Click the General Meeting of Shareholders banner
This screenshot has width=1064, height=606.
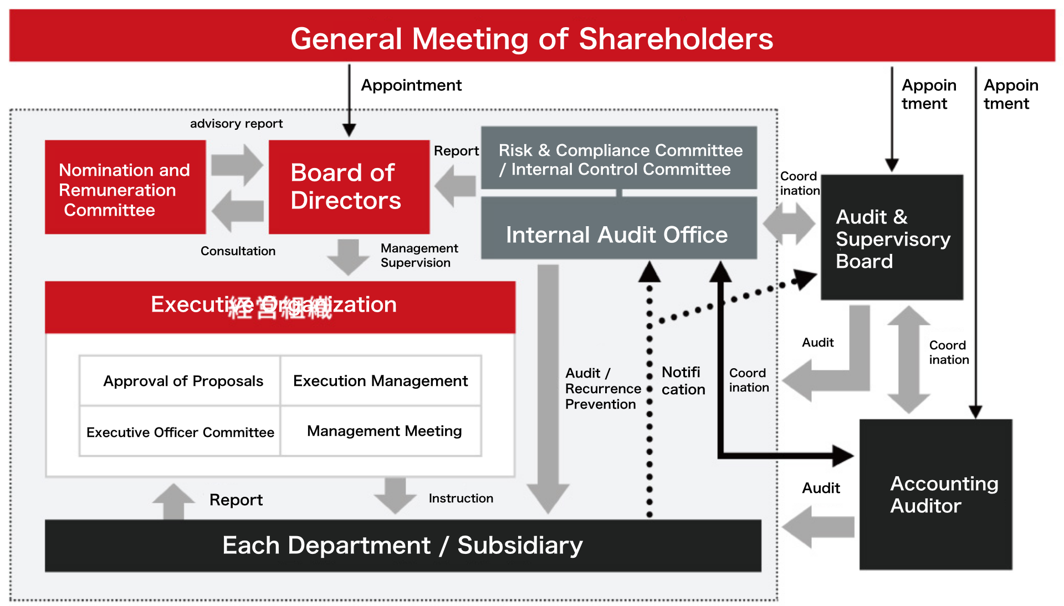(532, 36)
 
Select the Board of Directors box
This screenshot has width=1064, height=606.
(349, 187)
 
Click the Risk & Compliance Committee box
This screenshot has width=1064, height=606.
(619, 159)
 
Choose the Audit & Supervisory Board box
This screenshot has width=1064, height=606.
(892, 238)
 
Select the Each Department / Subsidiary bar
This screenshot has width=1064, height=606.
(403, 546)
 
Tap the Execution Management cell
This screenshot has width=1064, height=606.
(381, 381)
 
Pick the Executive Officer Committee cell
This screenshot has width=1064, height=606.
(180, 432)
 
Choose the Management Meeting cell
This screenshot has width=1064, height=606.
(383, 431)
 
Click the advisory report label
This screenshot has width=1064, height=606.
(236, 124)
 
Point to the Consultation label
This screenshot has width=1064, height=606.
(238, 251)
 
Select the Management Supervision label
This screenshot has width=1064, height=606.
(418, 255)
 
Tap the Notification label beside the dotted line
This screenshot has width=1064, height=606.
(683, 380)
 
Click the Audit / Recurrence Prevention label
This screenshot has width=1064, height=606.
(602, 388)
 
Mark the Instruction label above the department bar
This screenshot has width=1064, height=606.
(461, 498)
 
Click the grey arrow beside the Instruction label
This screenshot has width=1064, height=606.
(395, 494)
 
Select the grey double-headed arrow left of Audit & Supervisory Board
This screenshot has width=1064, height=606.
(789, 224)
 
